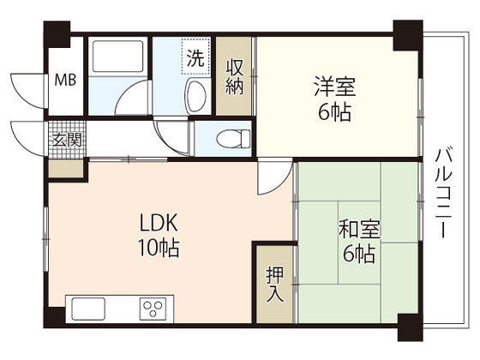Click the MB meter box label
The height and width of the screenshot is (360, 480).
tap(65, 81)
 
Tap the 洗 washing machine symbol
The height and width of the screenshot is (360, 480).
tap(196, 59)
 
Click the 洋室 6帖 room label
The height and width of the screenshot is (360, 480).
tap(333, 99)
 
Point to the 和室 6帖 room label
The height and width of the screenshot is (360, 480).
tap(358, 242)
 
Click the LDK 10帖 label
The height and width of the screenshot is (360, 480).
tap(159, 235)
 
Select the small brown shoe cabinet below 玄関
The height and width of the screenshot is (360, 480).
tap(66, 167)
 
